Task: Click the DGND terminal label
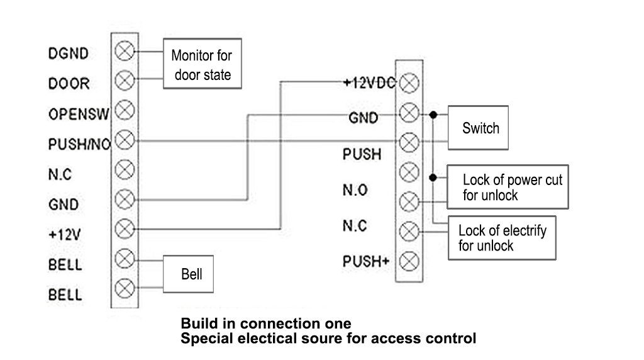[x=69, y=54]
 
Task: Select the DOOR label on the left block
[x=69, y=84]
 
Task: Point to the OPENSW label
[x=79, y=115]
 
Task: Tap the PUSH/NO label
[x=79, y=145]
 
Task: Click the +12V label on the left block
[x=65, y=235]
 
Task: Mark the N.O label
[x=355, y=190]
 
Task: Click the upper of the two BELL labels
[x=65, y=264]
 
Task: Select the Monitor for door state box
[x=202, y=65]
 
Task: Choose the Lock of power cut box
[x=508, y=188]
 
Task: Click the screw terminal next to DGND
[x=126, y=51]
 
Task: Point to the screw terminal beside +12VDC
[x=409, y=82]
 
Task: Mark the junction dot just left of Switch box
[x=433, y=116]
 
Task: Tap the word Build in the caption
[x=197, y=324]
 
